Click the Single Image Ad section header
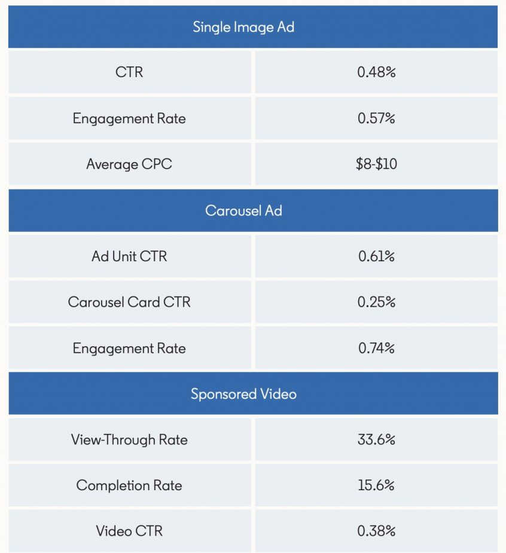(x=243, y=27)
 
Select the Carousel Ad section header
(x=243, y=211)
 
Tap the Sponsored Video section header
(x=243, y=394)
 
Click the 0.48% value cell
(x=376, y=72)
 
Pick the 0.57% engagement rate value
(x=376, y=118)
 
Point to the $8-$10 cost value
(x=376, y=164)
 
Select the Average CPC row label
(x=129, y=164)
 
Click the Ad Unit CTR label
(x=129, y=256)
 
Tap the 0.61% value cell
(x=376, y=256)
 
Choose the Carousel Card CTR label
(x=129, y=302)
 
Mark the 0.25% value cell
(x=376, y=302)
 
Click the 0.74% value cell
(x=376, y=348)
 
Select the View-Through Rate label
(x=129, y=440)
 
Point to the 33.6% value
(x=376, y=440)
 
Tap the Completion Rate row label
(x=129, y=485)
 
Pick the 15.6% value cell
(x=376, y=485)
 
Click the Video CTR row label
(x=129, y=531)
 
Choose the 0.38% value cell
(x=376, y=531)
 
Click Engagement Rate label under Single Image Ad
(x=129, y=118)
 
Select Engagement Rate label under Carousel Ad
(x=129, y=348)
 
